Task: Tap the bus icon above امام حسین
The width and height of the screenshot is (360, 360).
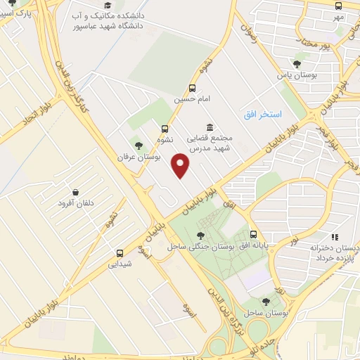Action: (x=193, y=88)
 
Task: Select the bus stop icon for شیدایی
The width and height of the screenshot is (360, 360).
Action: (x=120, y=252)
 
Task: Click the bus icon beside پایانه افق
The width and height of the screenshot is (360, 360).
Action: (x=254, y=235)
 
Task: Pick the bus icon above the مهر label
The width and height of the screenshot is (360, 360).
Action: (x=339, y=4)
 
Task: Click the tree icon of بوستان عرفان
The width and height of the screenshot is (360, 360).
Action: (x=138, y=145)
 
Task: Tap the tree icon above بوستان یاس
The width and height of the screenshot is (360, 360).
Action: (x=297, y=64)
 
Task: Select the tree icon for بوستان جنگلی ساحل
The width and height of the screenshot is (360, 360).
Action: (x=202, y=236)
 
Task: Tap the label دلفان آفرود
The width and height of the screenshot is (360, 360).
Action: (x=75, y=203)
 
